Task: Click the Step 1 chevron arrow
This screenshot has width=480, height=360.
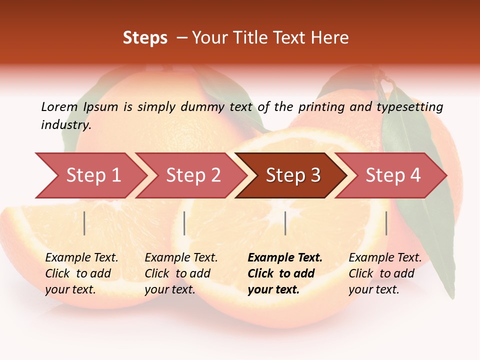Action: [x=92, y=175]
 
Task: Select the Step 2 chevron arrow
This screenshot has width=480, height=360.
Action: [x=192, y=175]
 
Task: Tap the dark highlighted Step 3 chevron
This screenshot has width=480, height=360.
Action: [x=292, y=175]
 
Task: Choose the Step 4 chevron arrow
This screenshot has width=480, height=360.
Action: [x=392, y=175]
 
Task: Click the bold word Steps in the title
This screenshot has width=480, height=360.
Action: [x=145, y=38]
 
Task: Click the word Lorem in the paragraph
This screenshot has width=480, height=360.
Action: [x=59, y=106]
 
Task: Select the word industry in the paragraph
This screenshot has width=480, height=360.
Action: [x=65, y=125]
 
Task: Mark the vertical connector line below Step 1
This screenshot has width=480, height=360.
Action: [x=84, y=223]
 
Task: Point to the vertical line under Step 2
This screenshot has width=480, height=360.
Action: [x=184, y=223]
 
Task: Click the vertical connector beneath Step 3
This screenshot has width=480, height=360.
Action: [x=285, y=223]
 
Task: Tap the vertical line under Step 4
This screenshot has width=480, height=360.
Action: [x=386, y=223]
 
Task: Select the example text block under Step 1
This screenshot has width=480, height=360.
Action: [x=81, y=273]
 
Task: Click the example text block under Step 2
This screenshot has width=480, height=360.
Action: [x=181, y=273]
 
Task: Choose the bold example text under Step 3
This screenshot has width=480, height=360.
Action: [x=285, y=273]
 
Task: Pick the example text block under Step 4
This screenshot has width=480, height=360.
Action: [x=385, y=273]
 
